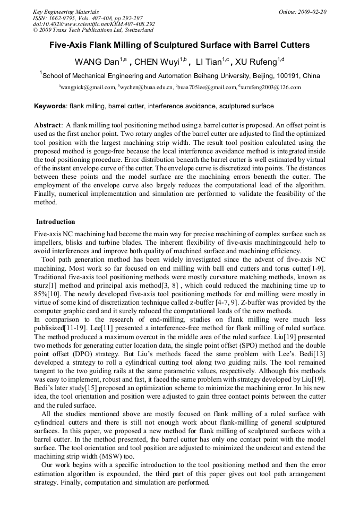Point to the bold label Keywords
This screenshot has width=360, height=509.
pyautogui.click(x=50, y=106)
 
